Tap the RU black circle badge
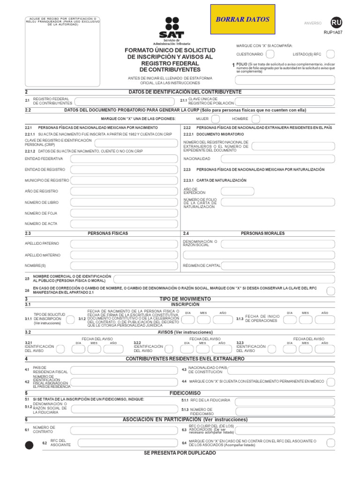pyautogui.click(x=336, y=22)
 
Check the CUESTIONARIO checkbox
pyautogui.click(x=270, y=54)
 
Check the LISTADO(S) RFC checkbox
pyautogui.click(x=330, y=54)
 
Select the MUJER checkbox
pyautogui.click(x=216, y=119)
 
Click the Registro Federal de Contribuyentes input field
pyautogui.click(x=125, y=101)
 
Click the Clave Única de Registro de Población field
pyautogui.click(x=285, y=101)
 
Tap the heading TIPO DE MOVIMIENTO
pyautogui.click(x=185, y=299)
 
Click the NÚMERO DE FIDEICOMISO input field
pyautogui.click(x=285, y=412)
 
